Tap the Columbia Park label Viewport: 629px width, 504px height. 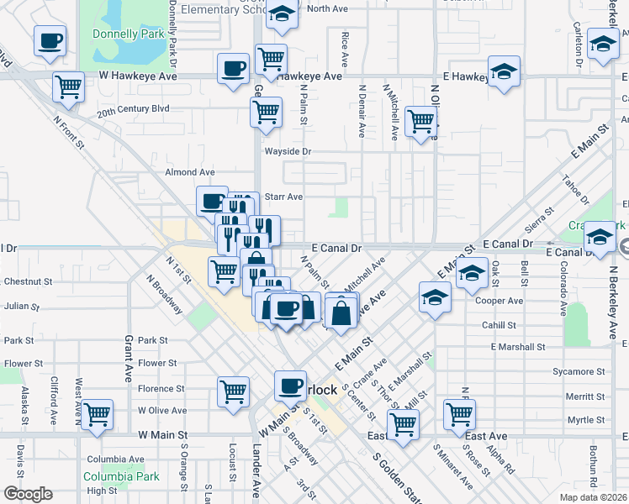click(x=121, y=476)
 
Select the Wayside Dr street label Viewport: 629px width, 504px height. click(x=288, y=152)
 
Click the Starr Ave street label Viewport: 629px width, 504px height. click(x=283, y=197)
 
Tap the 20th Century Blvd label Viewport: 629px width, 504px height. click(x=133, y=109)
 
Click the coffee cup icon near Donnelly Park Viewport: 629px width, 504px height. click(x=50, y=40)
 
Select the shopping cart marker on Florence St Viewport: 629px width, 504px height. click(x=234, y=391)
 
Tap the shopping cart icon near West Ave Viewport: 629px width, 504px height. click(x=98, y=413)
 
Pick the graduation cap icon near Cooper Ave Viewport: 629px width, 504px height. click(x=435, y=298)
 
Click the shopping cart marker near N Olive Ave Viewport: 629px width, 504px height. click(x=420, y=121)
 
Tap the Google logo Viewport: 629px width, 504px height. click(x=28, y=494)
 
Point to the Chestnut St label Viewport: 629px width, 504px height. click(x=28, y=281)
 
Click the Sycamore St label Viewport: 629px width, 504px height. click(x=584, y=371)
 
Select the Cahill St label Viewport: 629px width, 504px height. click(x=499, y=325)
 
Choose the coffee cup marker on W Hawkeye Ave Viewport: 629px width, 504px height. click(x=233, y=69)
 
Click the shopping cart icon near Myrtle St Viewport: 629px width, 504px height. click(x=459, y=413)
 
